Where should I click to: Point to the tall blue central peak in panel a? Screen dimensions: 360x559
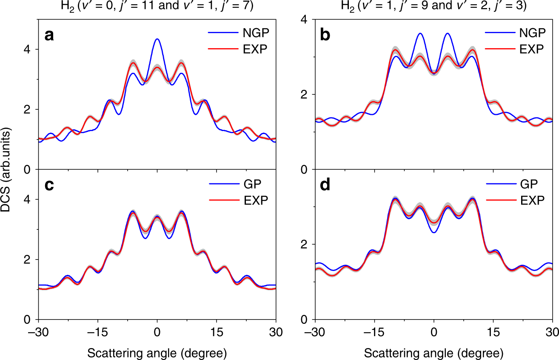click(x=157, y=40)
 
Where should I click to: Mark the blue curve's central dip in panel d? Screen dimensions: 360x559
click(x=434, y=232)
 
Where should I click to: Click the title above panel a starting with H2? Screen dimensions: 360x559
click(x=157, y=6)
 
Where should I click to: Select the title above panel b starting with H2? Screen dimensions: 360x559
click(x=434, y=6)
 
